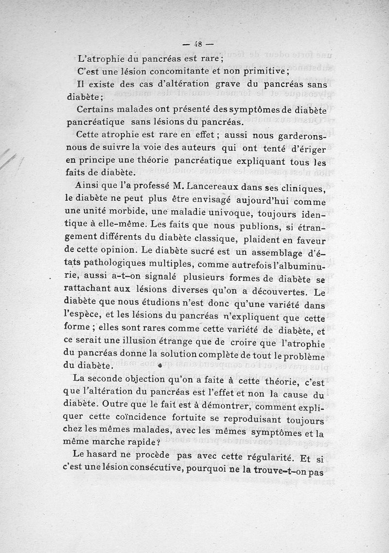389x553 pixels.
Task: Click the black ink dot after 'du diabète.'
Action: click(x=160, y=365)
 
